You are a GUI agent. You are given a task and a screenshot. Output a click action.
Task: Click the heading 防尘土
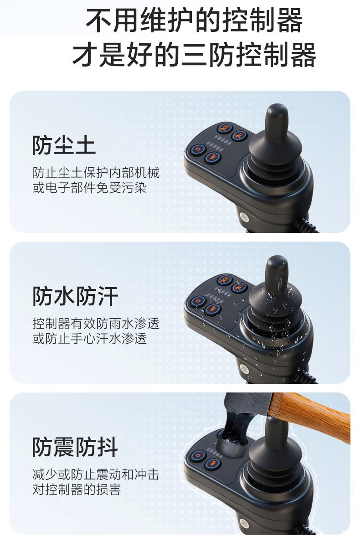pyautogui.click(x=64, y=145)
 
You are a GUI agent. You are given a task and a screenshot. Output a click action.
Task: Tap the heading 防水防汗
pyautogui.click(x=75, y=296)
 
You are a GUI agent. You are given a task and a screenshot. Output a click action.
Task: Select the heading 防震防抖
pyautogui.click(x=75, y=447)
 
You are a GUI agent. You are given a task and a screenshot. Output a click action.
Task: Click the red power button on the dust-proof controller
pyautogui.click(x=198, y=149)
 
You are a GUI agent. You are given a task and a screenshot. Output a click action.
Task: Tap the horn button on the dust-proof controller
pyautogui.click(x=212, y=158)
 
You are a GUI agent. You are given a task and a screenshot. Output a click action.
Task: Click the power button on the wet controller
pyautogui.click(x=198, y=301)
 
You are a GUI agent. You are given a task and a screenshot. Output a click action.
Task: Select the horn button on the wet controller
pyautogui.click(x=212, y=310)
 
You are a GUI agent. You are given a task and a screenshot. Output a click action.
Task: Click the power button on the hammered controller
pyautogui.click(x=198, y=455)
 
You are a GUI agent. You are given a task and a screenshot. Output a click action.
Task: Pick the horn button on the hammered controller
pyautogui.click(x=212, y=463)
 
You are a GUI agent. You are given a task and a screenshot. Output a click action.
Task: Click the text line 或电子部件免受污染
pyautogui.click(x=90, y=188)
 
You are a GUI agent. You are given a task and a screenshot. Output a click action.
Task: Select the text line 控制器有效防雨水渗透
pyautogui.click(x=96, y=324)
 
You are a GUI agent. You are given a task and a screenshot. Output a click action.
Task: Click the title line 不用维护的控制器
pyautogui.click(x=194, y=20)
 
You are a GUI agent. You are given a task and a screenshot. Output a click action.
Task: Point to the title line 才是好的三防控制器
pyautogui.click(x=194, y=54)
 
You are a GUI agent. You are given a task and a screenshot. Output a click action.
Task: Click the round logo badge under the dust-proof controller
pyautogui.click(x=244, y=217)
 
